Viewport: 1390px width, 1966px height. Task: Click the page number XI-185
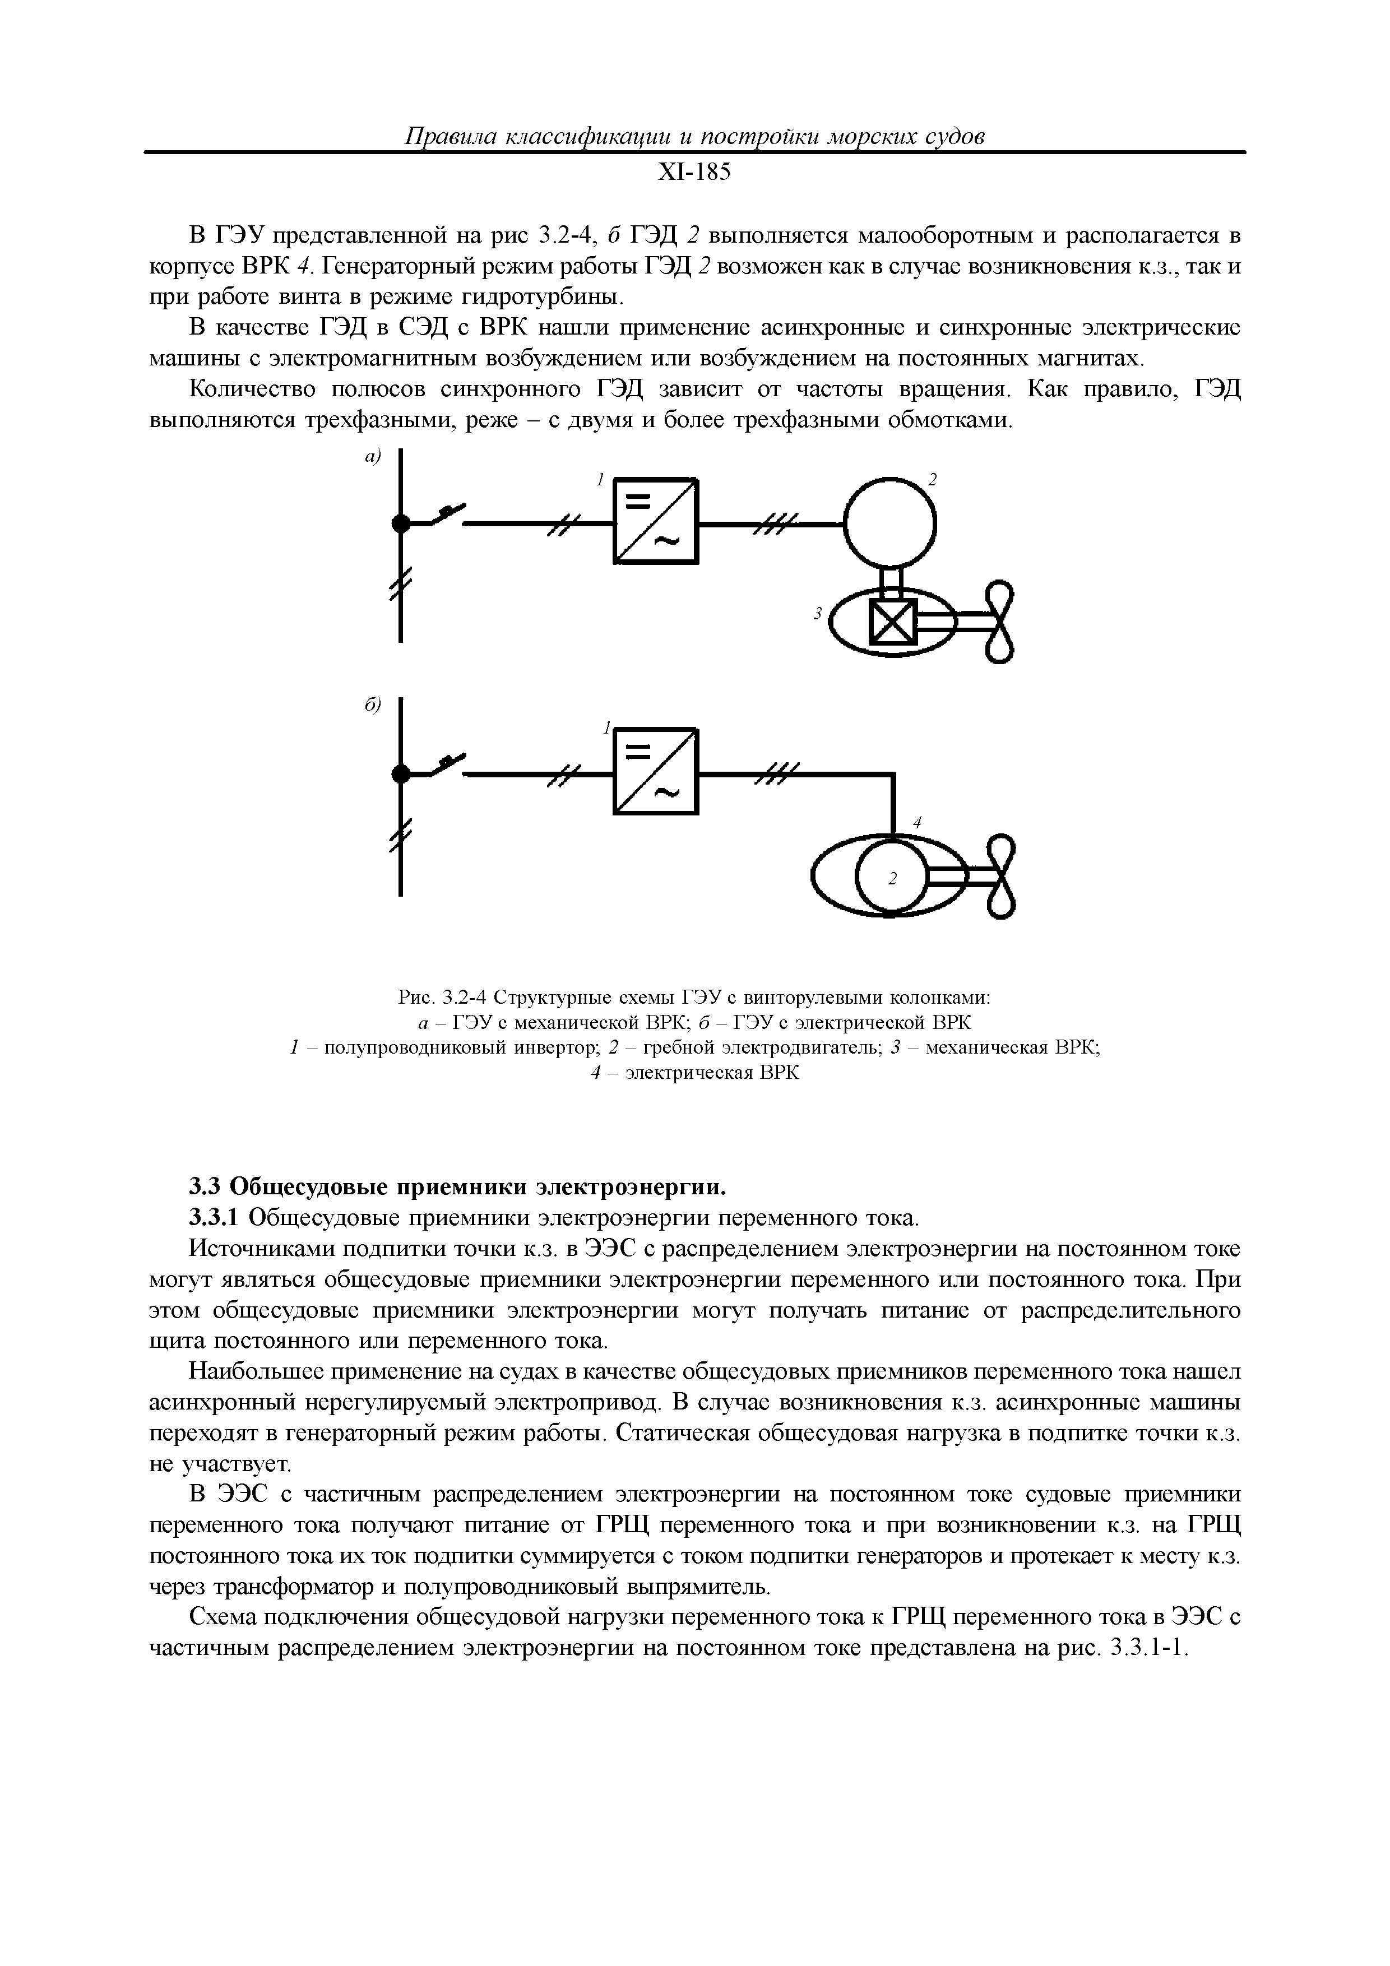pos(694,173)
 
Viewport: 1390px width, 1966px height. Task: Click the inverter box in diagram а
pos(656,521)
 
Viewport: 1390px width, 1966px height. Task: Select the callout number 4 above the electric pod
pos(916,822)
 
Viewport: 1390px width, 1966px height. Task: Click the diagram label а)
pos(372,458)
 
